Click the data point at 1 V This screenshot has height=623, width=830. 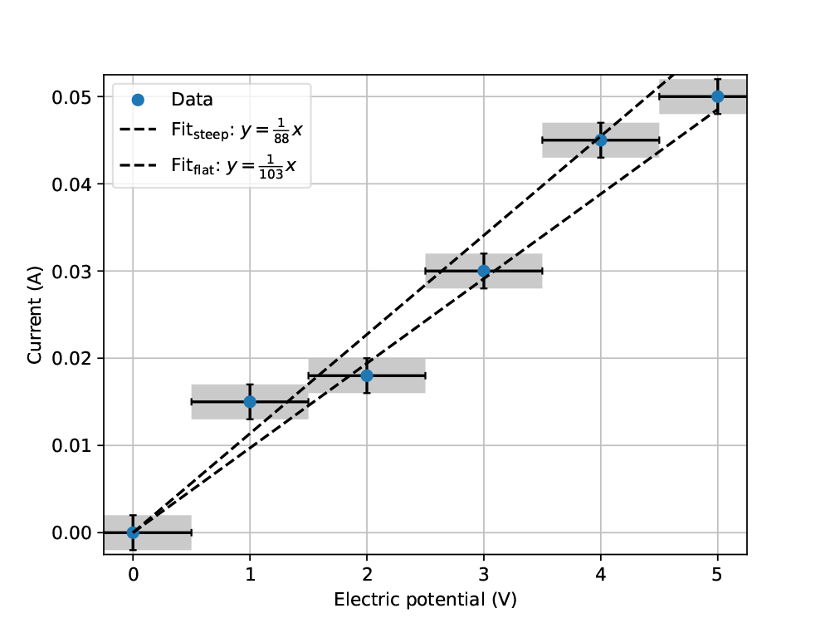[250, 401]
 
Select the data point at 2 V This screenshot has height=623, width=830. [367, 375]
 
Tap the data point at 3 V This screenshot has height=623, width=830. [484, 271]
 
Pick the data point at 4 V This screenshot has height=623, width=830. [601, 140]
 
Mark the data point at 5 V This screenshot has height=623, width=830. [718, 96]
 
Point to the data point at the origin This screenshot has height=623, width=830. [133, 532]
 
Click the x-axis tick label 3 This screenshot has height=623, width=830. [484, 574]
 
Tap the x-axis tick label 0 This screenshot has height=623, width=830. [133, 574]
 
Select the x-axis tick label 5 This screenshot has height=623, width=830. [717, 574]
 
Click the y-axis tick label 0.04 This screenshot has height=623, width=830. [71, 184]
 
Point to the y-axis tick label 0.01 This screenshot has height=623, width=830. [71, 445]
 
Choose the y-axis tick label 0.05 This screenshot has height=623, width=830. [71, 97]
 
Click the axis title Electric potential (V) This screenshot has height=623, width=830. [425, 600]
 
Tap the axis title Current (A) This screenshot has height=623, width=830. [34, 315]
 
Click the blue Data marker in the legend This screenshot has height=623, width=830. [138, 100]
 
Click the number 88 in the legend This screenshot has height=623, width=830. [281, 139]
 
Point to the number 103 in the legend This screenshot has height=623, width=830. [271, 174]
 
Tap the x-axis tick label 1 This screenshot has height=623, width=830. [250, 574]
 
